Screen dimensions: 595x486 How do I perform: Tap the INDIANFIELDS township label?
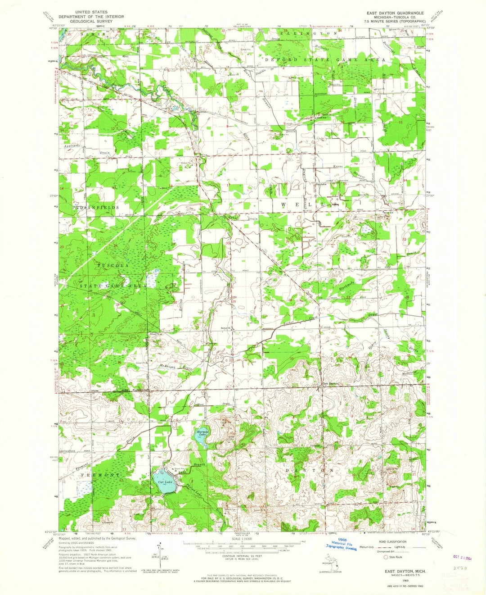95,207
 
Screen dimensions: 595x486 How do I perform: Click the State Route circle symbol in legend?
385,557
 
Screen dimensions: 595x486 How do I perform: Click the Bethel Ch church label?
225,327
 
